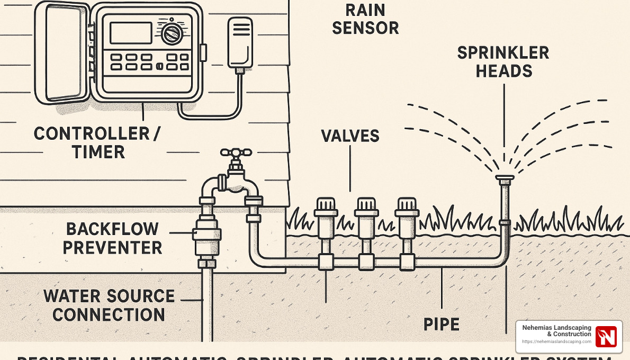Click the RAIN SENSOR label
point(365,19)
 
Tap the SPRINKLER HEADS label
point(503,61)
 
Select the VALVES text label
point(350,136)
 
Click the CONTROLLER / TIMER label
point(97,142)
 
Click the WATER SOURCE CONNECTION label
point(109,305)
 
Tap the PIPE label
point(442,324)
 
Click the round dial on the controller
point(172,33)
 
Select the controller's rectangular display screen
point(131,32)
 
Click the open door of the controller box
point(62,52)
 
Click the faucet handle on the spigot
point(236,153)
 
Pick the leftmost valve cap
point(325,206)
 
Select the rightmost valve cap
point(407,206)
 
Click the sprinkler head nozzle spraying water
point(504,178)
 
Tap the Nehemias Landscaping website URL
point(556,342)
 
